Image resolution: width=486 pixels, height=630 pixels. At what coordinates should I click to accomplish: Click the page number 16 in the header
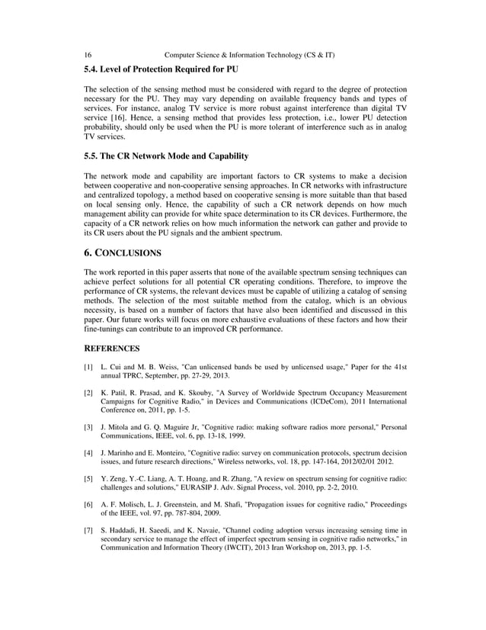pos(88,56)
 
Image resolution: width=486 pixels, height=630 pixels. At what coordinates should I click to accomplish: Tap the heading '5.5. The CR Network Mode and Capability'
pos(166,156)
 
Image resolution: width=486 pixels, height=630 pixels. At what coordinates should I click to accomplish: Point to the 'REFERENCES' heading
pos(112,349)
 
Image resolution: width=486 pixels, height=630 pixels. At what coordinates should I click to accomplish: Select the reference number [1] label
pos(88,368)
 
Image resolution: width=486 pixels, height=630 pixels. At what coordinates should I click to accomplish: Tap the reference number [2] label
pos(88,393)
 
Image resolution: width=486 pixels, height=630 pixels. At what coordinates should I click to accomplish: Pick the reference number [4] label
pos(88,454)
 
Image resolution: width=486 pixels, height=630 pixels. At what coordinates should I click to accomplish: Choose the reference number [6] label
pos(88,506)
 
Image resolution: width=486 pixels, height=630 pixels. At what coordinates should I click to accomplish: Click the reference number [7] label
pos(88,531)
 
